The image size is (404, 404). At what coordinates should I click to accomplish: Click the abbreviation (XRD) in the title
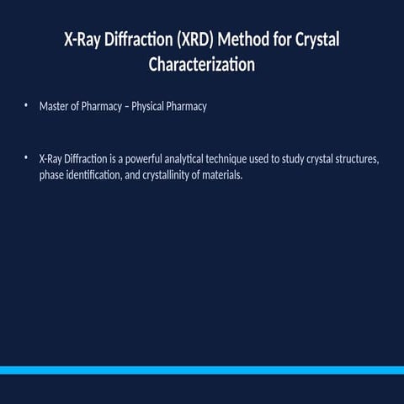click(190, 40)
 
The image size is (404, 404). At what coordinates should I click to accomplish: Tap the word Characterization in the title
click(201, 64)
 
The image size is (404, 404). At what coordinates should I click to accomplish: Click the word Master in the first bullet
click(55, 107)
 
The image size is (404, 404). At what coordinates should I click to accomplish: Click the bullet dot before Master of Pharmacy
click(26, 106)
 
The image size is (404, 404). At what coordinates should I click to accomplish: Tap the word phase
click(52, 177)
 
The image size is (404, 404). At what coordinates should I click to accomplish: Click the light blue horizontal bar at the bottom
click(202, 369)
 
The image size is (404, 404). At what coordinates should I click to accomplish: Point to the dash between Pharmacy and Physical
click(126, 107)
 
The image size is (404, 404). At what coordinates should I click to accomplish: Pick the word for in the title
click(282, 40)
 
